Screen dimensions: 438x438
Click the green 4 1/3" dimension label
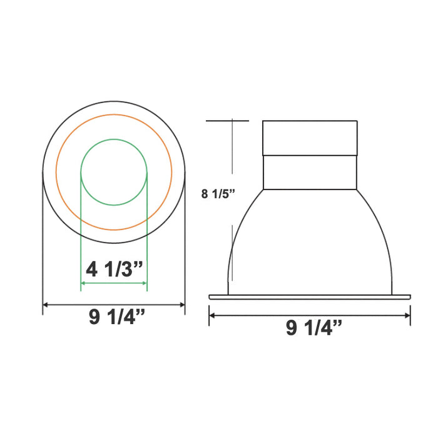coord(115,270)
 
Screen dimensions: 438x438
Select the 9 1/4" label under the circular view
coord(117,318)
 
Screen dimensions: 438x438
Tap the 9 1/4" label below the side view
coord(314,327)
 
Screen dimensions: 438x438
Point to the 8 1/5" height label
coord(217,193)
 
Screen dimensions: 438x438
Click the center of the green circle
coord(114,171)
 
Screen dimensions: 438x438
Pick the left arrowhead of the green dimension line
coord(84,285)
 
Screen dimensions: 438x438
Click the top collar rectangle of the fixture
coord(310,138)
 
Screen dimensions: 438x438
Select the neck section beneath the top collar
coord(310,172)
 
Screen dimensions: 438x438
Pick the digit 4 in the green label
coord(93,270)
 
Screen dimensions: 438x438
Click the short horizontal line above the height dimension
coord(228,120)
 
